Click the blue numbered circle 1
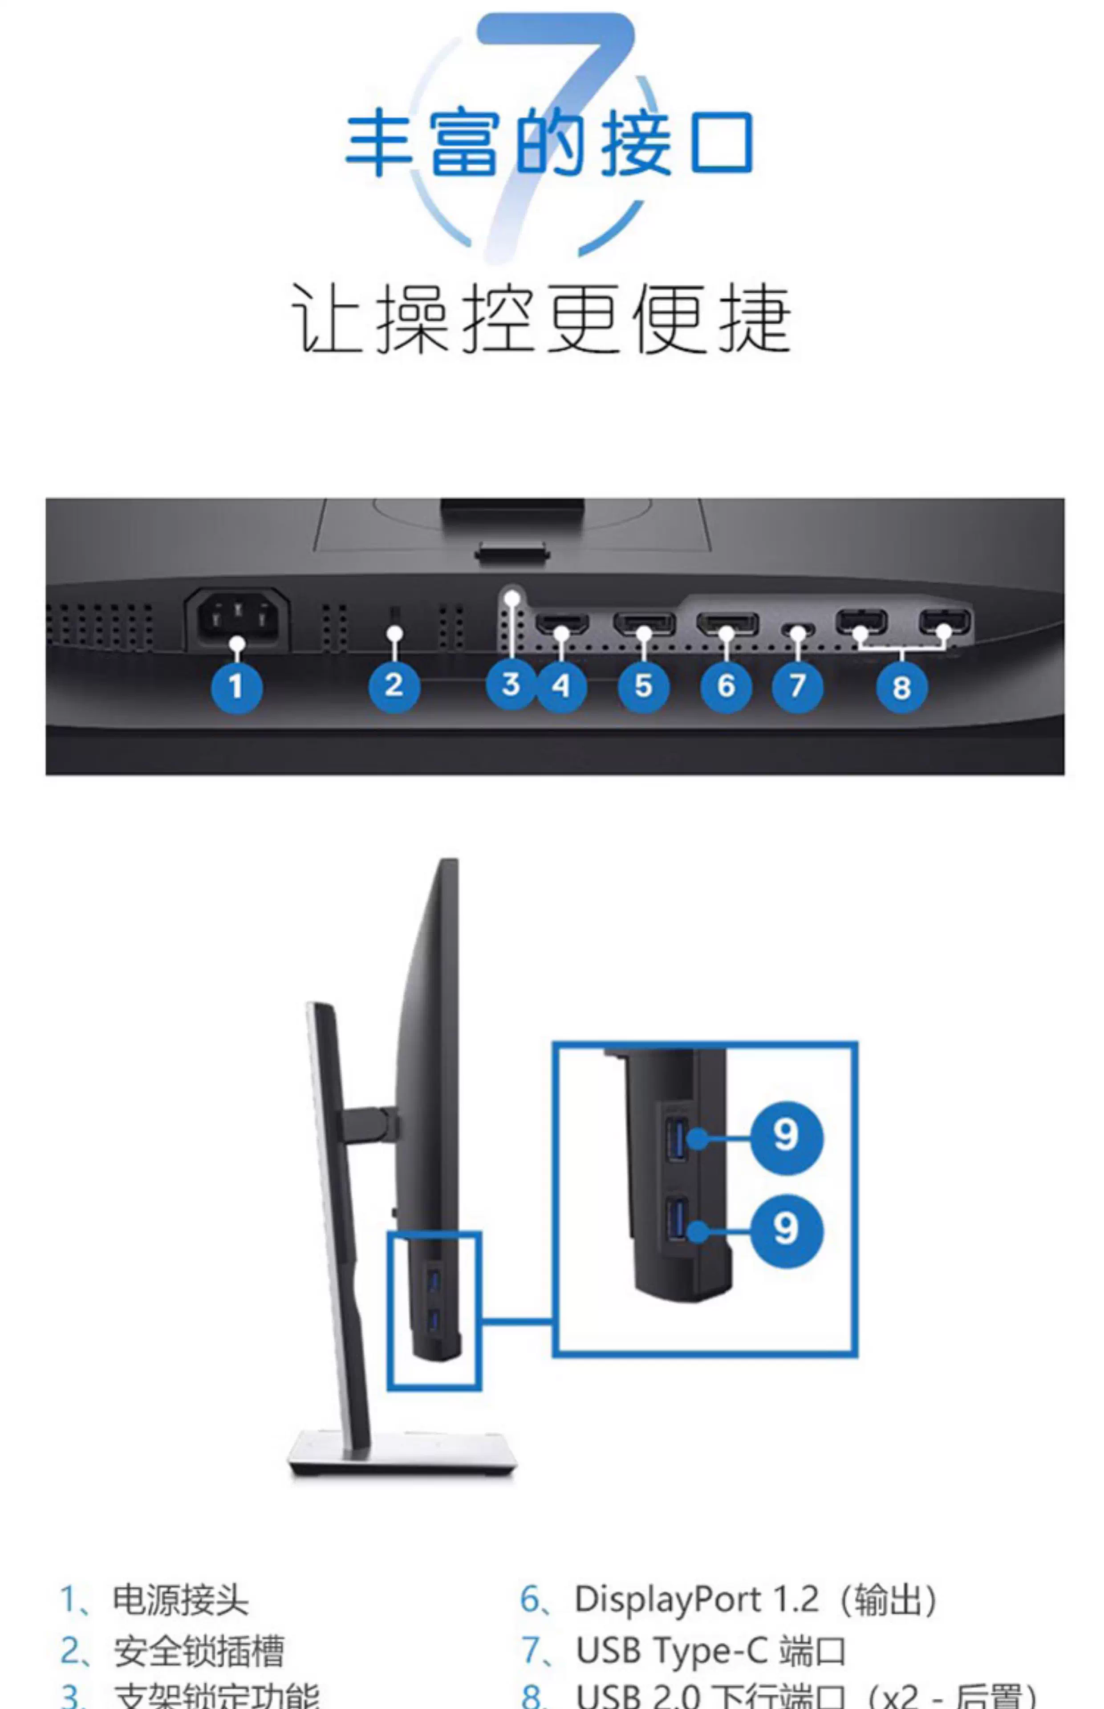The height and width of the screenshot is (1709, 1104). [x=236, y=686]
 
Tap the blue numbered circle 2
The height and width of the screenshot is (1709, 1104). [x=394, y=686]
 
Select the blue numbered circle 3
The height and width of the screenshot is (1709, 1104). [x=511, y=684]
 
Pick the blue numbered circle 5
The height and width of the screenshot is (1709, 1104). [x=643, y=686]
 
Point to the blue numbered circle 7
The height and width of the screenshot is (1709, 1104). [x=797, y=686]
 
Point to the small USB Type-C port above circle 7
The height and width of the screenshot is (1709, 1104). [x=798, y=630]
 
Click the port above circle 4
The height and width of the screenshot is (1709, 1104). [x=562, y=624]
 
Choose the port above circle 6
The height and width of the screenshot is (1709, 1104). [x=727, y=624]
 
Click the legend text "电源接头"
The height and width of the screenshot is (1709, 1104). [x=181, y=1600]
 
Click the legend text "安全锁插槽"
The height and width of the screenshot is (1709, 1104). [x=199, y=1650]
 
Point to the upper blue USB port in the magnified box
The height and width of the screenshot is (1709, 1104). [x=676, y=1137]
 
